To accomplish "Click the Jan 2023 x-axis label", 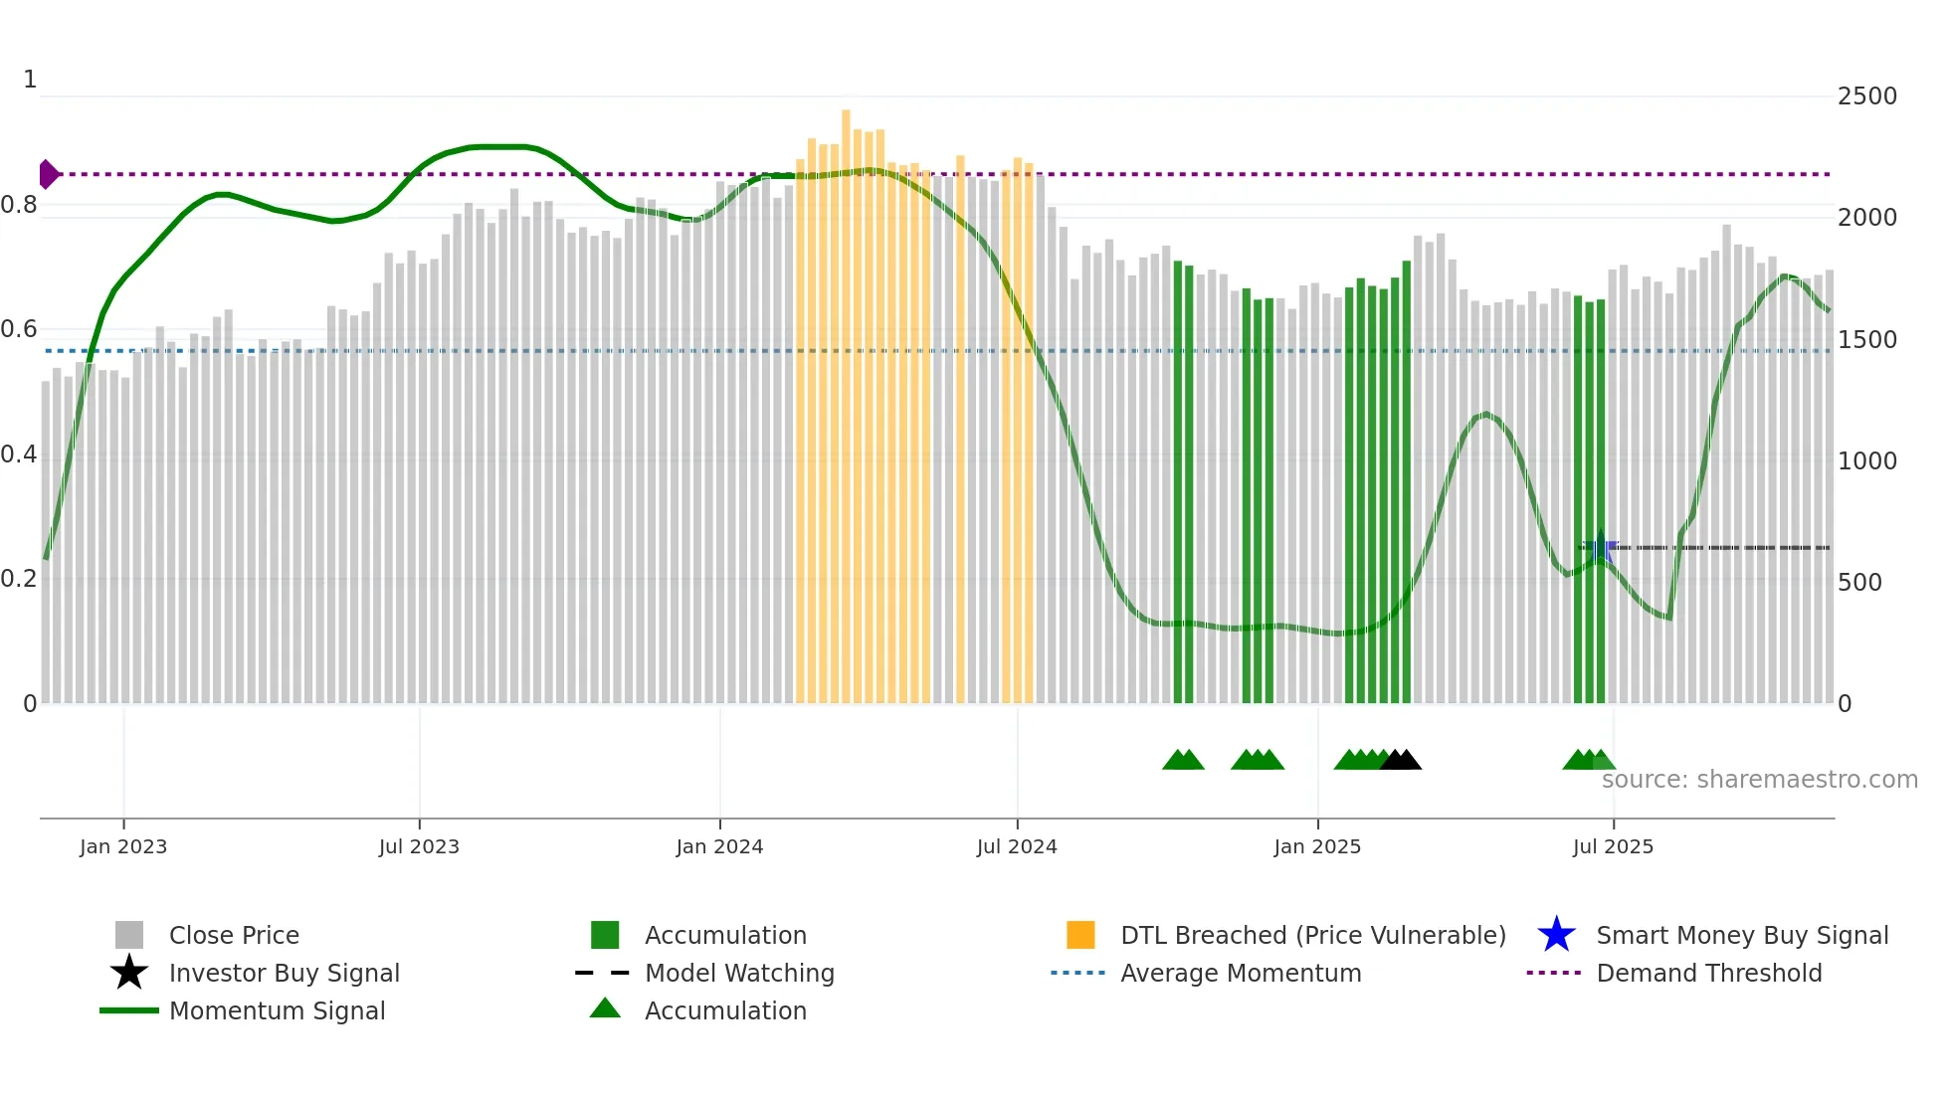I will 123,846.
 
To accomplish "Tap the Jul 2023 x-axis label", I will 419,846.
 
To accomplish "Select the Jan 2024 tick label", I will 719,846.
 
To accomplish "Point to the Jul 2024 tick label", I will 1017,846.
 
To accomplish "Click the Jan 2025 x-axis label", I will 1317,846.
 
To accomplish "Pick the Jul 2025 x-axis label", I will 1613,846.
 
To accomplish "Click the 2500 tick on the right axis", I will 1866,96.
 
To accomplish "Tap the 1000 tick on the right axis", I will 1866,460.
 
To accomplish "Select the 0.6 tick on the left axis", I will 19,329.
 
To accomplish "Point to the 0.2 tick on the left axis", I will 19,579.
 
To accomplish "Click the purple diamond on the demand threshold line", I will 48,174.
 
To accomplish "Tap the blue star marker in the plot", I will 1600,548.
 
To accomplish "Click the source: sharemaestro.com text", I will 1759,780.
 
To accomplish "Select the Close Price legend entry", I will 234,935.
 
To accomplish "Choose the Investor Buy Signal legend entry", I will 284,973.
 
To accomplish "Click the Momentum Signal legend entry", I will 277,1010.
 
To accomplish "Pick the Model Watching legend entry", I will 739,973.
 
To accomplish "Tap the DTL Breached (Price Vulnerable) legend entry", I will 1312,935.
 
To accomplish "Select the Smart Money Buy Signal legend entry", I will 1741,935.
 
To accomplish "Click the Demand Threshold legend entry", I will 1708,973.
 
